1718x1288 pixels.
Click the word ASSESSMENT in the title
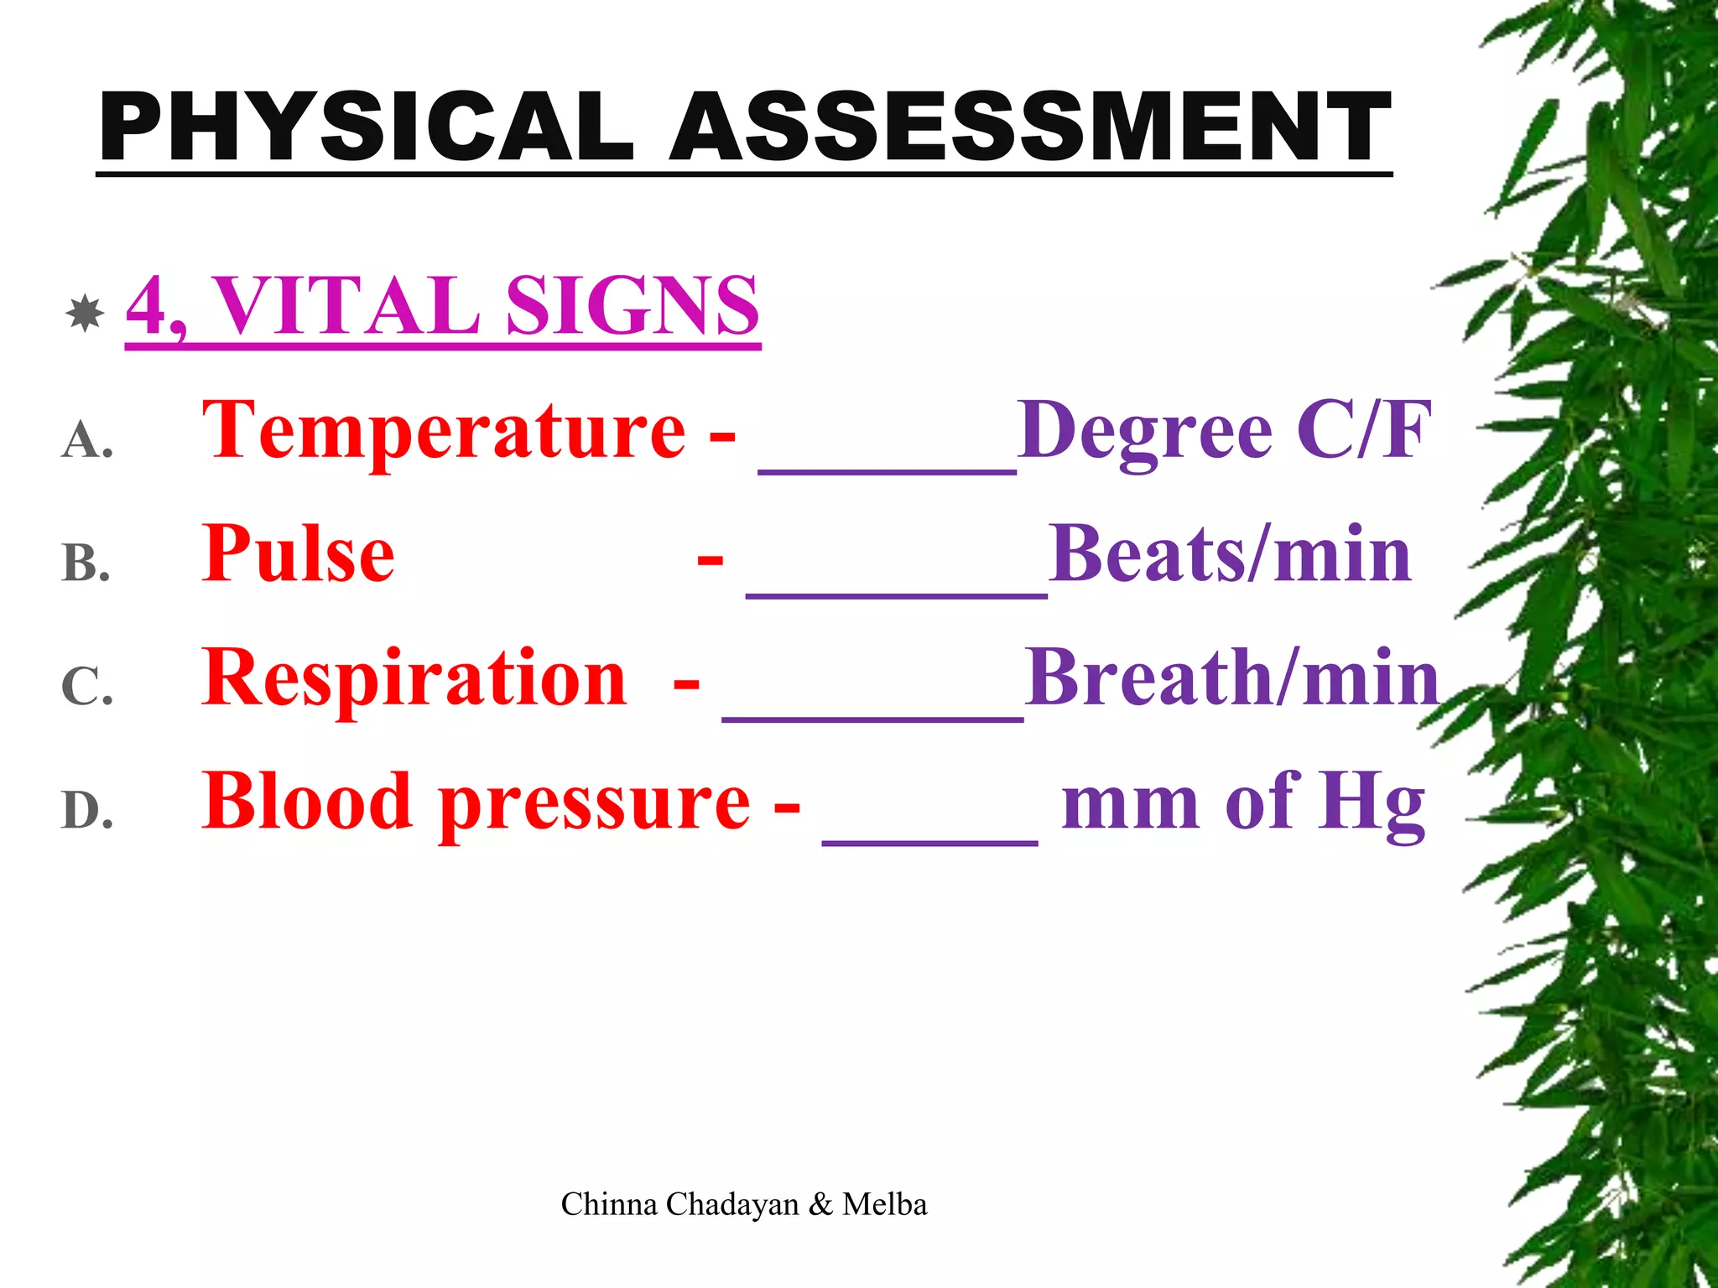point(1030,127)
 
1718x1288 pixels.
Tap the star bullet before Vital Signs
point(85,314)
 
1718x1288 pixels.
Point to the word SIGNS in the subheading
point(633,305)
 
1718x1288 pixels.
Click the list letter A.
point(86,440)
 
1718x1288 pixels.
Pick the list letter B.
point(86,563)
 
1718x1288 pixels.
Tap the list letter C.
point(86,687)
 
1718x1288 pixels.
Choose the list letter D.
point(87,811)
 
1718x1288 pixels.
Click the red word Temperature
point(444,431)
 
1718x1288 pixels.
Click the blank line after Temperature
point(887,471)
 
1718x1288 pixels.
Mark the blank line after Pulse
point(896,594)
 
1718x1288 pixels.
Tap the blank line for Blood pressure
point(929,841)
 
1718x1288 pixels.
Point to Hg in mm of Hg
point(1371,803)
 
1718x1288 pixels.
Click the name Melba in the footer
point(885,1204)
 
